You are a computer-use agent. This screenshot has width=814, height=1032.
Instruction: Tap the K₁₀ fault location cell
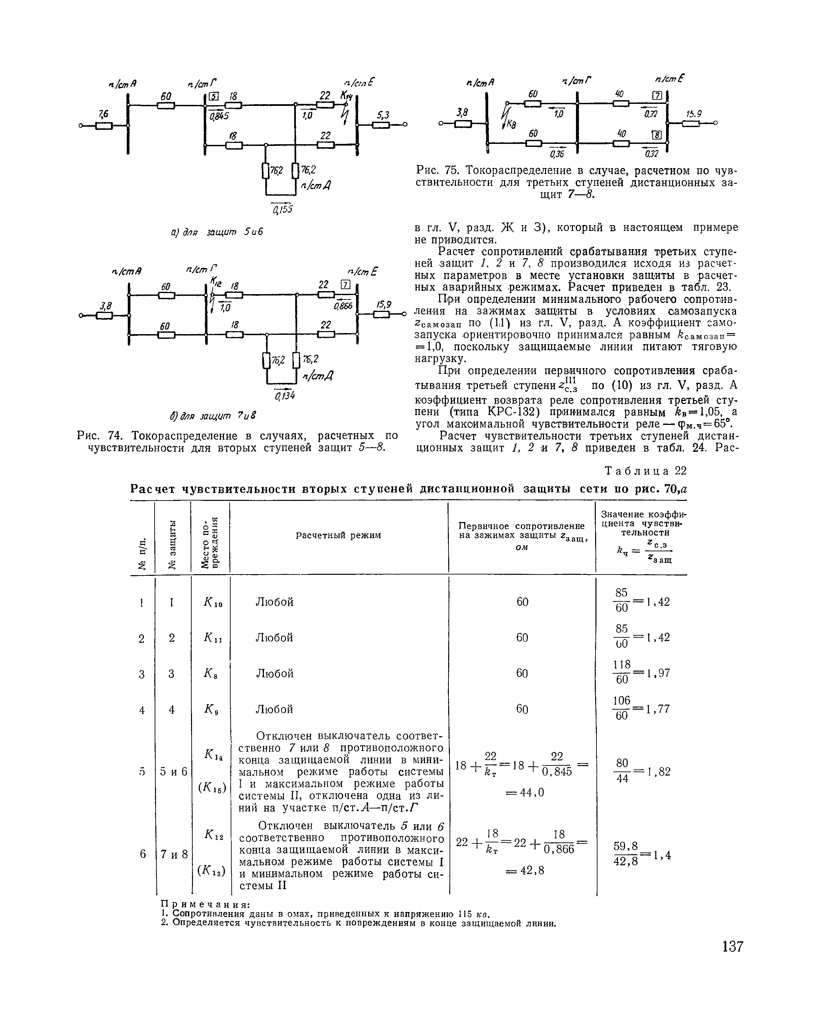(x=210, y=602)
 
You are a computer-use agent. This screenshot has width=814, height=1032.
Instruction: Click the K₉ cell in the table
(x=210, y=709)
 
